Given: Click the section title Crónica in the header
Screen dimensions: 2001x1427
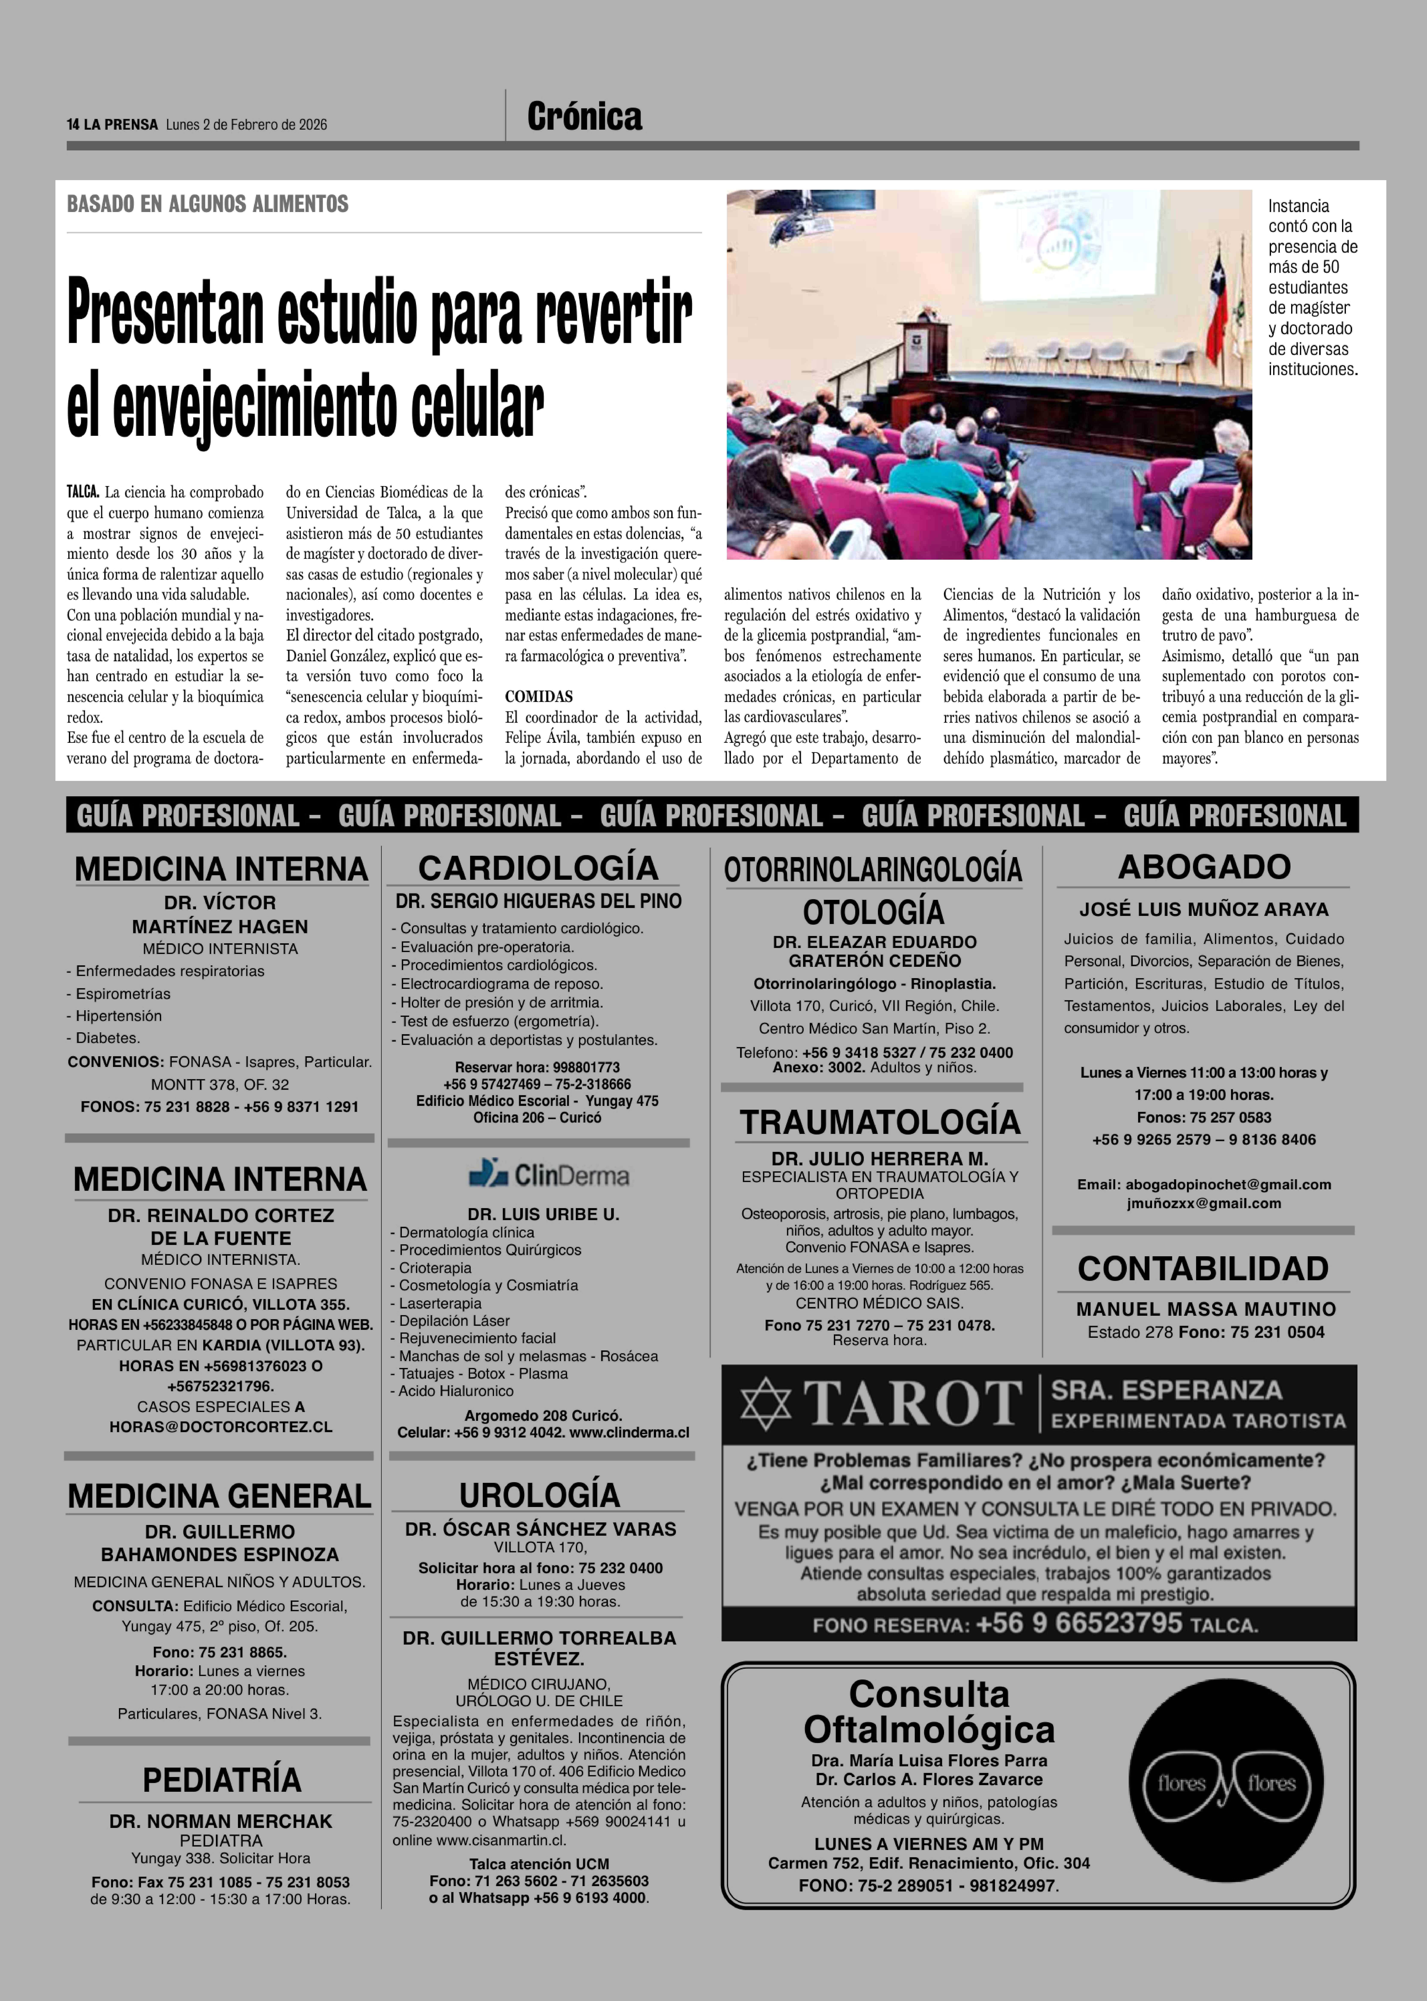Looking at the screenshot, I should (x=584, y=117).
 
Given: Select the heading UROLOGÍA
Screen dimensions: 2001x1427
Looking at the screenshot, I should (x=539, y=1494).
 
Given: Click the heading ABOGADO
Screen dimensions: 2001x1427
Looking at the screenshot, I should (x=1204, y=867).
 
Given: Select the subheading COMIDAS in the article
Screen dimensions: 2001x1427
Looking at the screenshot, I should (x=539, y=697).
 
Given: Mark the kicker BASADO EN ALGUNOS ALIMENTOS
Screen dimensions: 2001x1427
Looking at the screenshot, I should (x=207, y=204).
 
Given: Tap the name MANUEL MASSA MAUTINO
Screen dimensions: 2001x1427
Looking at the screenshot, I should (x=1206, y=1309).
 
